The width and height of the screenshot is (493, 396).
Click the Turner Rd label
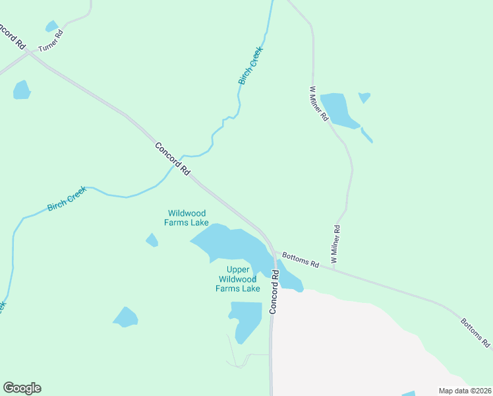[50, 42]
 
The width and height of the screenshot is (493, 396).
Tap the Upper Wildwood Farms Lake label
[238, 279]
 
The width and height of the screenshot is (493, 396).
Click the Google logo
[22, 388]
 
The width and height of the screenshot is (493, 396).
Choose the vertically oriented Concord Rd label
[275, 295]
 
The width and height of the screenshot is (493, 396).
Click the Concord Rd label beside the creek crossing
[173, 159]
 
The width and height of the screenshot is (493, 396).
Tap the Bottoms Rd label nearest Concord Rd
[301, 259]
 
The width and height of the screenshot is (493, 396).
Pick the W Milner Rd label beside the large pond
[319, 104]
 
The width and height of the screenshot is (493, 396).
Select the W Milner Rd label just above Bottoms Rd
[336, 246]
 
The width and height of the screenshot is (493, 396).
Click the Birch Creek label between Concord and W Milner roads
[250, 65]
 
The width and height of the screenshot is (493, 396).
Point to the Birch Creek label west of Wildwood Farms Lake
[67, 199]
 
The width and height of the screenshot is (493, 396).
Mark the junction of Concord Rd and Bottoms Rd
[274, 251]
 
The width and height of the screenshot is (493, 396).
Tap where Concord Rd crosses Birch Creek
[179, 164]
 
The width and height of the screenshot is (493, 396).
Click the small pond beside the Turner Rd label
[51, 26]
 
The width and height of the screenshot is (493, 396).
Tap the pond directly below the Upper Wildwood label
[246, 320]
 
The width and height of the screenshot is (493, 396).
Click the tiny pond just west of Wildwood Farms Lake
[152, 240]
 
